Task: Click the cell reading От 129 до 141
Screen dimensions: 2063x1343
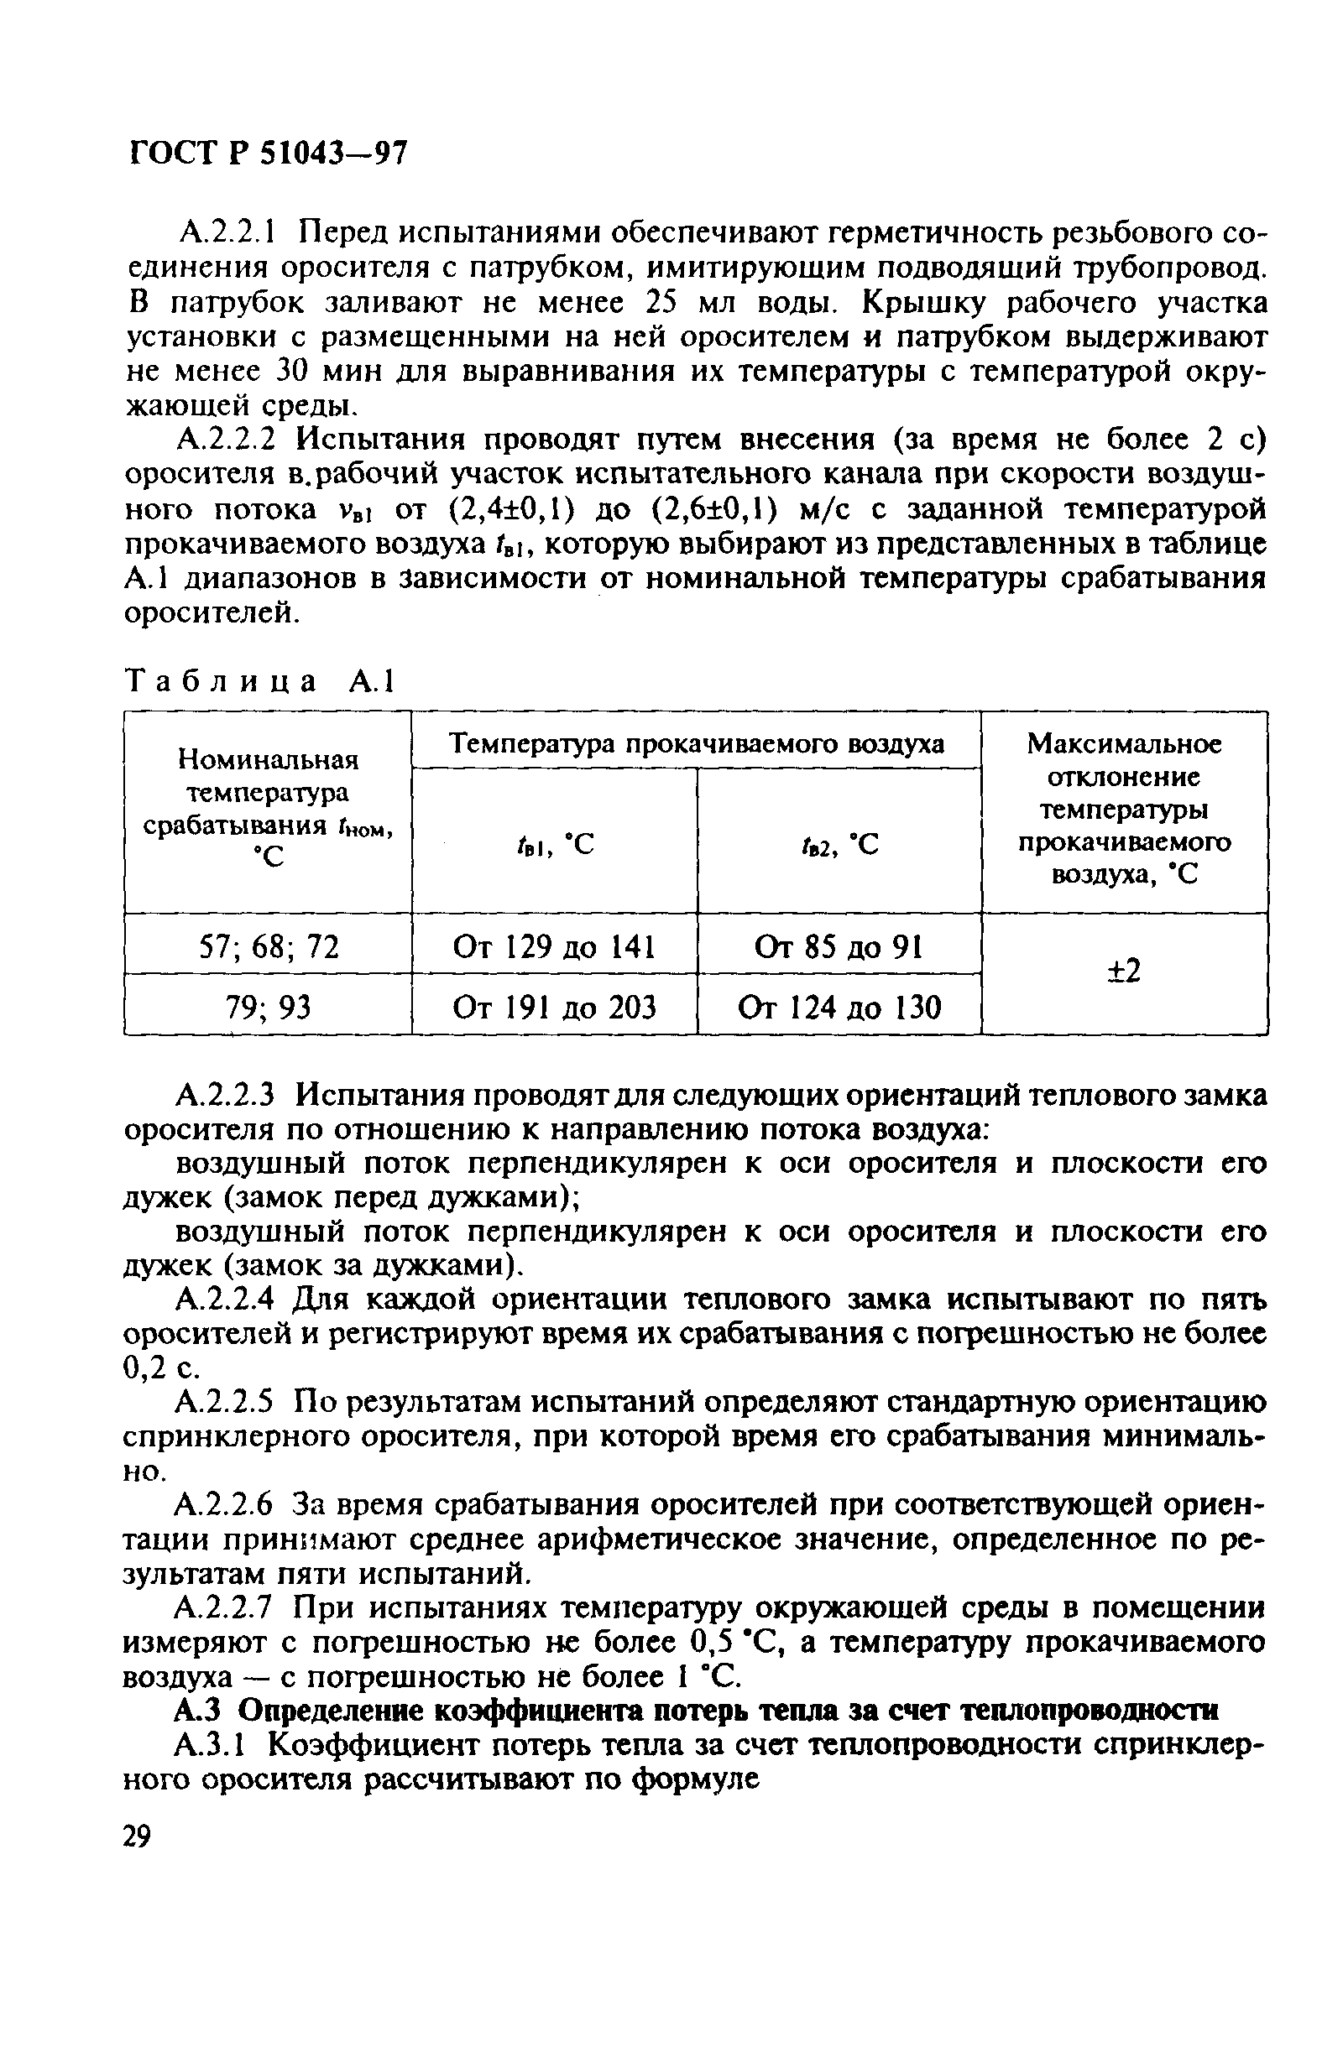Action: (553, 946)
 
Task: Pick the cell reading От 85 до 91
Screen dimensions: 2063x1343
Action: (839, 946)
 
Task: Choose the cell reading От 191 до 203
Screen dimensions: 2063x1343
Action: (553, 1008)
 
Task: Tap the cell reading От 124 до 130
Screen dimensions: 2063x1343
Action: (839, 1008)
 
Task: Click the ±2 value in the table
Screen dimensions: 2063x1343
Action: (1124, 972)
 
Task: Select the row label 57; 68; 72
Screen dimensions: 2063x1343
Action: (268, 946)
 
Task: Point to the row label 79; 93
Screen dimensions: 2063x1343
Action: (268, 1008)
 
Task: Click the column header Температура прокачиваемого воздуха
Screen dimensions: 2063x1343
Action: (695, 743)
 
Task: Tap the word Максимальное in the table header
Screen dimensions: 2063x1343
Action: (1124, 743)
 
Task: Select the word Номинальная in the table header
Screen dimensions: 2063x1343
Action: (268, 759)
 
